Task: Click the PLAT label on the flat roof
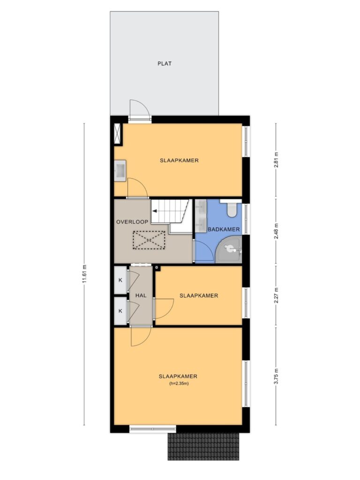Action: click(165, 64)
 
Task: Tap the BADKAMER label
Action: click(224, 229)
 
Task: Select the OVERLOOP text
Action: click(132, 222)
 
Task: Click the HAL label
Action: click(141, 296)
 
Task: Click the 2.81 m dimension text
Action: click(276, 159)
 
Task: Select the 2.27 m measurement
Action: click(276, 295)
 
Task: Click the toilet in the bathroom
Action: click(232, 209)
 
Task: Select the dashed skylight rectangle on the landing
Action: click(149, 240)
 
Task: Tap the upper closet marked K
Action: click(120, 280)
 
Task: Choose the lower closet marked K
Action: click(120, 311)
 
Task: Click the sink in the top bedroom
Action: click(120, 170)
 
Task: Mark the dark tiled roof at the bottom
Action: click(203, 447)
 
